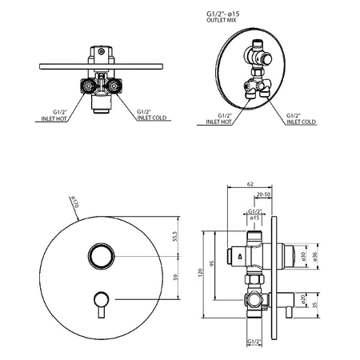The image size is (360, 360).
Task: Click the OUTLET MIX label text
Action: [x=222, y=20]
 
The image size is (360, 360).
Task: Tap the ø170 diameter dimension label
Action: [x=74, y=202]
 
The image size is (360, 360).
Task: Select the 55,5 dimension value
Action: [x=175, y=236]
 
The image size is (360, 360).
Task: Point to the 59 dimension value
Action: [x=175, y=278]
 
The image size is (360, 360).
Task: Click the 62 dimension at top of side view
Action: [x=250, y=184]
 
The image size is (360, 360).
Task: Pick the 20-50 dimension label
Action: [x=263, y=194]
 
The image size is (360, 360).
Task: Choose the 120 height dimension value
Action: [x=201, y=273]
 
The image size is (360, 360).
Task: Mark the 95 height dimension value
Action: [x=212, y=264]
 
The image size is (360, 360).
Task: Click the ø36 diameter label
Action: [x=315, y=256]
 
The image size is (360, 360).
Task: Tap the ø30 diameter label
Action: [x=303, y=256]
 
